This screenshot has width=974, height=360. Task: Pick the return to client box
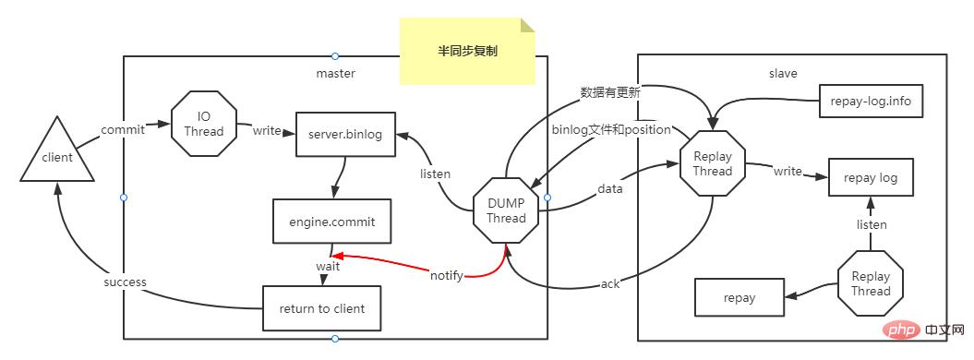pos(321,308)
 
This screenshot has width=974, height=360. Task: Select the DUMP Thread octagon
pos(506,210)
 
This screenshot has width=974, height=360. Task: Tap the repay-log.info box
pos(871,102)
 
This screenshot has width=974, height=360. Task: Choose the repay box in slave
pos(740,297)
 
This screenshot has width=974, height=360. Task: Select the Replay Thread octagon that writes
pos(712,162)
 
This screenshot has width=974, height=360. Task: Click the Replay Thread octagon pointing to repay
pos(870,283)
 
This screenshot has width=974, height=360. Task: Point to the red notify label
pos(446,275)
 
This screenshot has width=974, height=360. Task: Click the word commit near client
pos(122,130)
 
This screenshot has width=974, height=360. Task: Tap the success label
pos(125,282)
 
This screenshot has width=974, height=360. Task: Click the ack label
pos(610,283)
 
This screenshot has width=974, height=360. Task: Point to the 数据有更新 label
pos(610,92)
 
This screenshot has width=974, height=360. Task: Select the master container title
pos(335,73)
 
